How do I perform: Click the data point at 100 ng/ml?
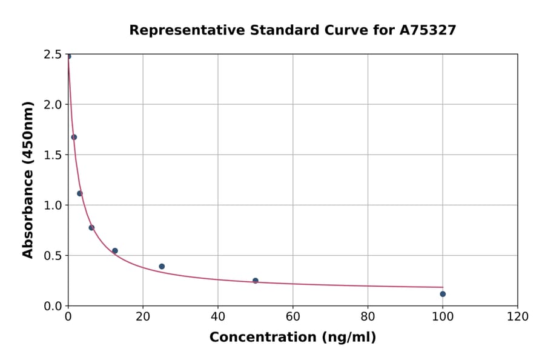(443, 294)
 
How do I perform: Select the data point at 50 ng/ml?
(256, 281)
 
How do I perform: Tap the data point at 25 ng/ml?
(162, 266)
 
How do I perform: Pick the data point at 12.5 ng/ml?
(115, 250)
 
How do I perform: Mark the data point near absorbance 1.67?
(74, 137)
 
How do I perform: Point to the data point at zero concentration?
(68, 56)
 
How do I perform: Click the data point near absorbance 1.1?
(80, 193)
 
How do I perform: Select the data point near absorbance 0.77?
(91, 227)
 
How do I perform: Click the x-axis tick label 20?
(143, 316)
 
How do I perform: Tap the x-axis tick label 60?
(293, 316)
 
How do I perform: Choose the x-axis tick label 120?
(518, 316)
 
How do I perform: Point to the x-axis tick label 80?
(368, 316)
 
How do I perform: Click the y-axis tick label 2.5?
(54, 55)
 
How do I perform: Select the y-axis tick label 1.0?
(54, 205)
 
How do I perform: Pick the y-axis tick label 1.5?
(54, 155)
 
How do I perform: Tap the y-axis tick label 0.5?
(54, 255)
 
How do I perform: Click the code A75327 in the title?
(428, 30)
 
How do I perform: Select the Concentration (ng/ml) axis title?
(292, 337)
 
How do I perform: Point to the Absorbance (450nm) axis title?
(28, 179)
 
